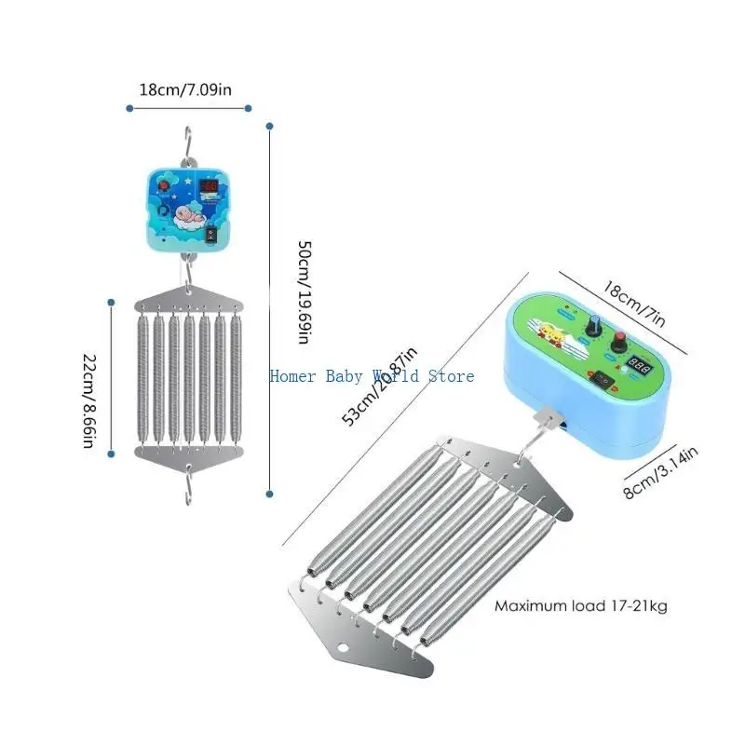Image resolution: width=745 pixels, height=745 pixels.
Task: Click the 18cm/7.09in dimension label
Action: point(191,90)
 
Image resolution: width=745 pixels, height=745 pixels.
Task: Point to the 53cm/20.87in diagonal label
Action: point(380,386)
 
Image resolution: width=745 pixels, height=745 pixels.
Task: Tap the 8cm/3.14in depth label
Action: point(661,473)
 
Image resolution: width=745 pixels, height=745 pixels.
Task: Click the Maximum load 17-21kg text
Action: point(580,606)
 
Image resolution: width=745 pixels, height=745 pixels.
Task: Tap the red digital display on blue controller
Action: point(210,186)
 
